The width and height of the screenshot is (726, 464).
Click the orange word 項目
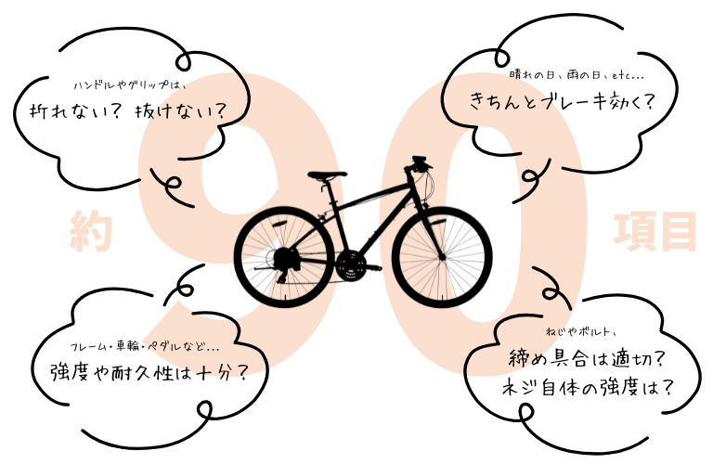(655, 231)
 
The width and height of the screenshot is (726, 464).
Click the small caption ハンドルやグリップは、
(130, 84)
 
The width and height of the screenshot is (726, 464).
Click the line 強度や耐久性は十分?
(148, 373)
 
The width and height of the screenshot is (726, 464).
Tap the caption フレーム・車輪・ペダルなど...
(145, 347)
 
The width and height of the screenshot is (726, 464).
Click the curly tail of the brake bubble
(532, 174)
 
